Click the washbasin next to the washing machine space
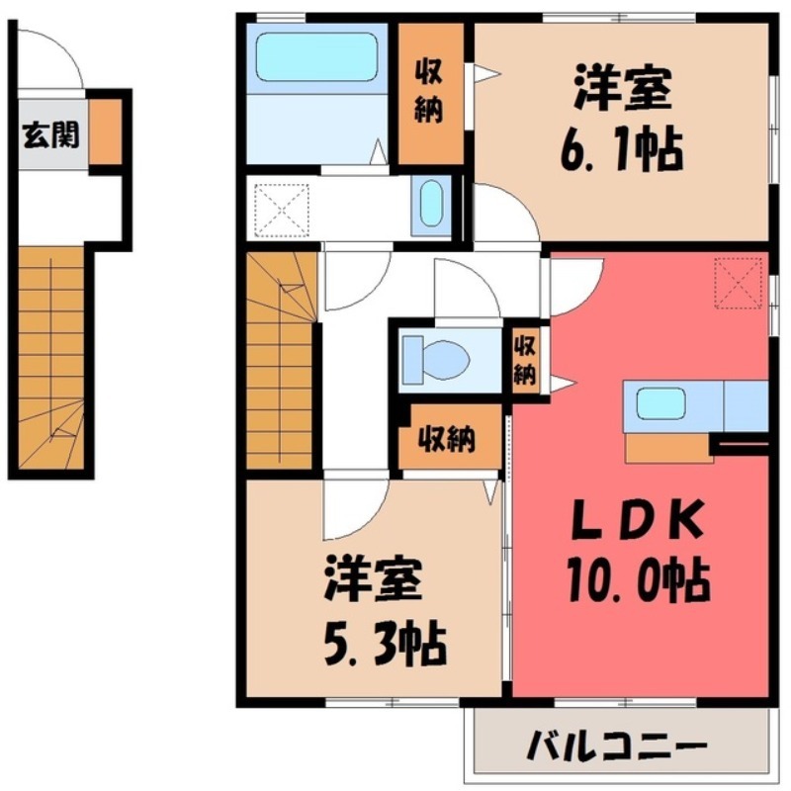431,206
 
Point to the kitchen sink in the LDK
660,403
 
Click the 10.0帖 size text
637,579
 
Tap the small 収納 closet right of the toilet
525,361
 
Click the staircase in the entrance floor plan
51,361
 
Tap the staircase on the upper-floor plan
281,361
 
